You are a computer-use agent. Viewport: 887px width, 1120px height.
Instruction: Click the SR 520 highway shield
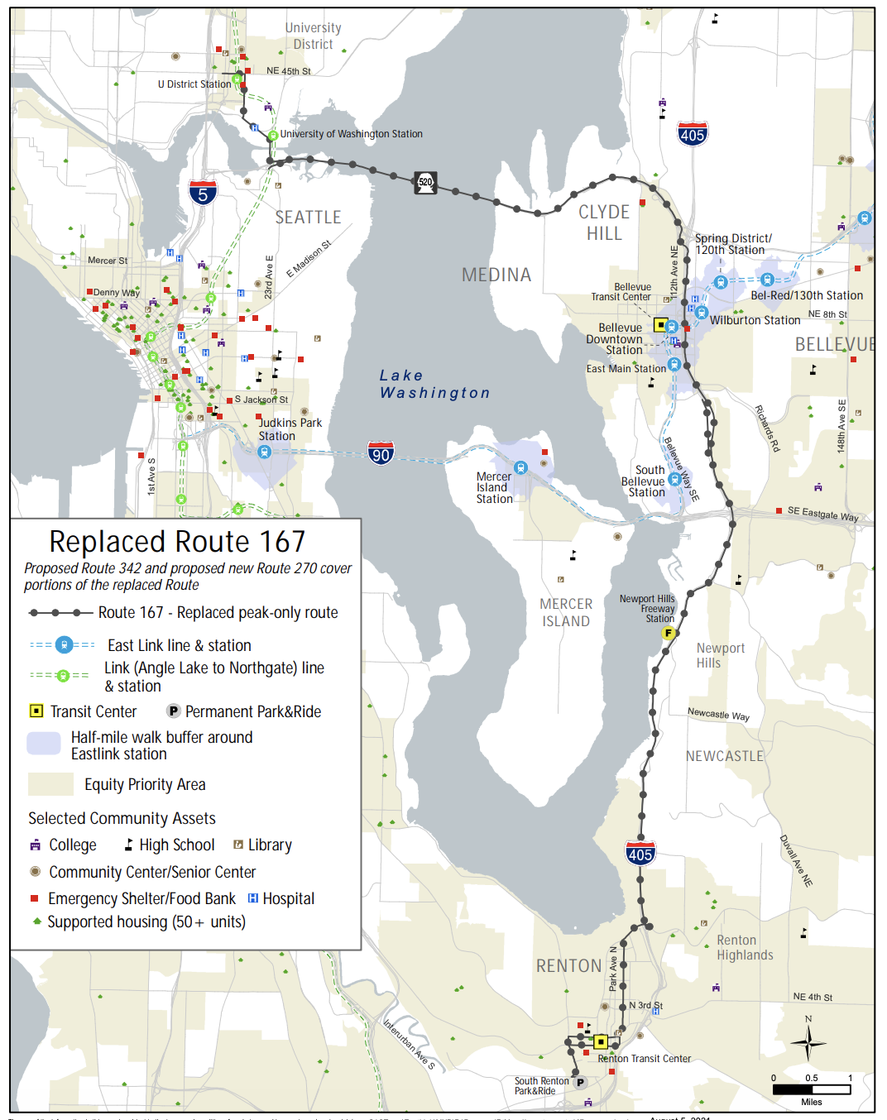(x=425, y=183)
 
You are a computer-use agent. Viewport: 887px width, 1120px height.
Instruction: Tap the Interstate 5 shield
(x=203, y=193)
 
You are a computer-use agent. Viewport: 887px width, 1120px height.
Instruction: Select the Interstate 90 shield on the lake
(x=381, y=452)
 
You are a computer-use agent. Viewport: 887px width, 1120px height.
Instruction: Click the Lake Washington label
(x=434, y=385)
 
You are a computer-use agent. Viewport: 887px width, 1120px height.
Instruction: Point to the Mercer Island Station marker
(x=520, y=468)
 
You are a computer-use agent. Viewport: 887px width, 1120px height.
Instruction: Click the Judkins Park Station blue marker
(x=264, y=452)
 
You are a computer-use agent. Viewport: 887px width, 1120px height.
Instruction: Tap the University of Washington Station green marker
(x=272, y=135)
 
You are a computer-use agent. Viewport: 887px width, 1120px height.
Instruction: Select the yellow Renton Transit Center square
(x=601, y=1041)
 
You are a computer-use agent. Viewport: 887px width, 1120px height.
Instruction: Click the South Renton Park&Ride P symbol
(x=580, y=1082)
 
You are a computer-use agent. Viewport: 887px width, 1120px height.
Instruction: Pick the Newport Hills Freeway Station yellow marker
(x=668, y=633)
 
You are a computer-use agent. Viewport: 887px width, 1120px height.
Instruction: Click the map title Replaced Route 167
(x=177, y=542)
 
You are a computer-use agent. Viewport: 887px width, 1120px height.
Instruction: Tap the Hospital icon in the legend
(x=253, y=898)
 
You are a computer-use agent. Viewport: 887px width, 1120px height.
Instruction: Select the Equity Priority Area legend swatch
(x=50, y=784)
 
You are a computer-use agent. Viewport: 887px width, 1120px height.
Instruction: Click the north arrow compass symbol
(x=808, y=1041)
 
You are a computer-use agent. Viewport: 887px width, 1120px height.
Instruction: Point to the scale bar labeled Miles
(x=812, y=1089)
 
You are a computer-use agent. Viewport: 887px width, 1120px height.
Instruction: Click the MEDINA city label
(x=496, y=275)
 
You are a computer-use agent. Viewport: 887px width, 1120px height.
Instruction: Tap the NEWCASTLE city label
(x=724, y=756)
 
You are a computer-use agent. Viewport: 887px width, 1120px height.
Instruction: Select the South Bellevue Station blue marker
(x=674, y=480)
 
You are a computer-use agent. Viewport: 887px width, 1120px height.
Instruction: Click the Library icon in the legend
(x=238, y=845)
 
